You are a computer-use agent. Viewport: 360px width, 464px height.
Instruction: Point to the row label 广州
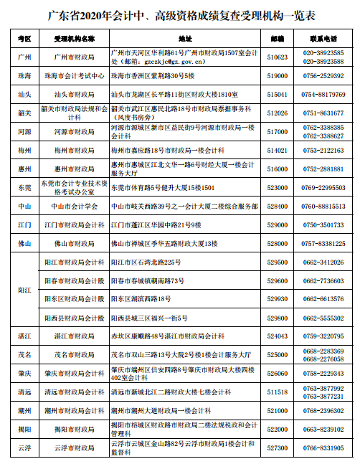24,57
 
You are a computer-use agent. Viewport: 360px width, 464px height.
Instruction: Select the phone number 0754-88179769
322,94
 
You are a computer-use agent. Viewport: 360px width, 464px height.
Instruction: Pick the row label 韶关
24,113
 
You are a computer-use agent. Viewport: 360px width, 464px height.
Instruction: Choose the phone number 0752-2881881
322,169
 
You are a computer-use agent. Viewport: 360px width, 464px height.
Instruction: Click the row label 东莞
24,187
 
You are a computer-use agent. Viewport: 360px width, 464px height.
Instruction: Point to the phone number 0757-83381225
322,244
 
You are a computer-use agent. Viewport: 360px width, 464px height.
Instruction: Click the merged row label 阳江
24,290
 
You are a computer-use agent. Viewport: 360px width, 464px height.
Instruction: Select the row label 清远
24,392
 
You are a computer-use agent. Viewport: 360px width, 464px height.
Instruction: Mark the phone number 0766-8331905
322,448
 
